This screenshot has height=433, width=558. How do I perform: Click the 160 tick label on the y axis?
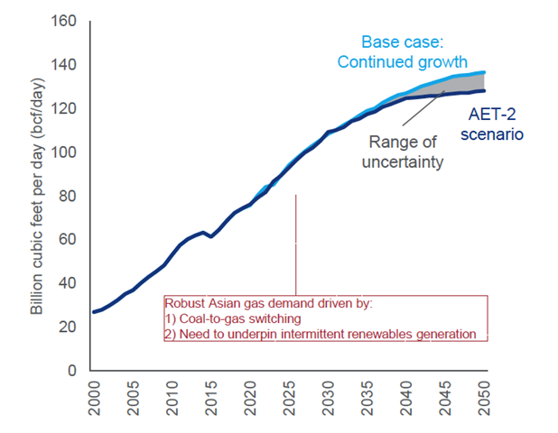click(65, 21)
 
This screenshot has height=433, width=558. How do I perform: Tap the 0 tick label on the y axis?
click(73, 371)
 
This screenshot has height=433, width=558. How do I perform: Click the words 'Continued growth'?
click(402, 62)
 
